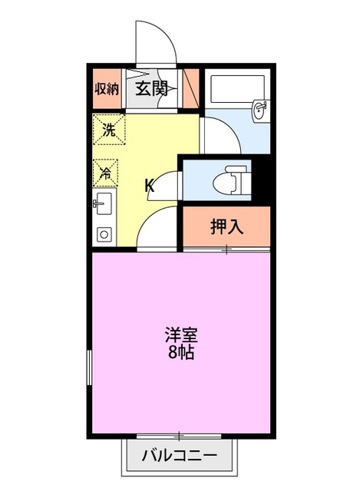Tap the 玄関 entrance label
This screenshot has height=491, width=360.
point(152,87)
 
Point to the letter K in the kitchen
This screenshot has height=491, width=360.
point(150,185)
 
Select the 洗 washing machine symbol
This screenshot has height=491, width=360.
point(107,129)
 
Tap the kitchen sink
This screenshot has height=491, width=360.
point(104,206)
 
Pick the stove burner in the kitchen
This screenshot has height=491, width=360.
point(104,234)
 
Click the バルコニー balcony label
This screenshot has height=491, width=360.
point(179,456)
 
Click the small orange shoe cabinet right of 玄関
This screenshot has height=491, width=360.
point(190,87)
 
